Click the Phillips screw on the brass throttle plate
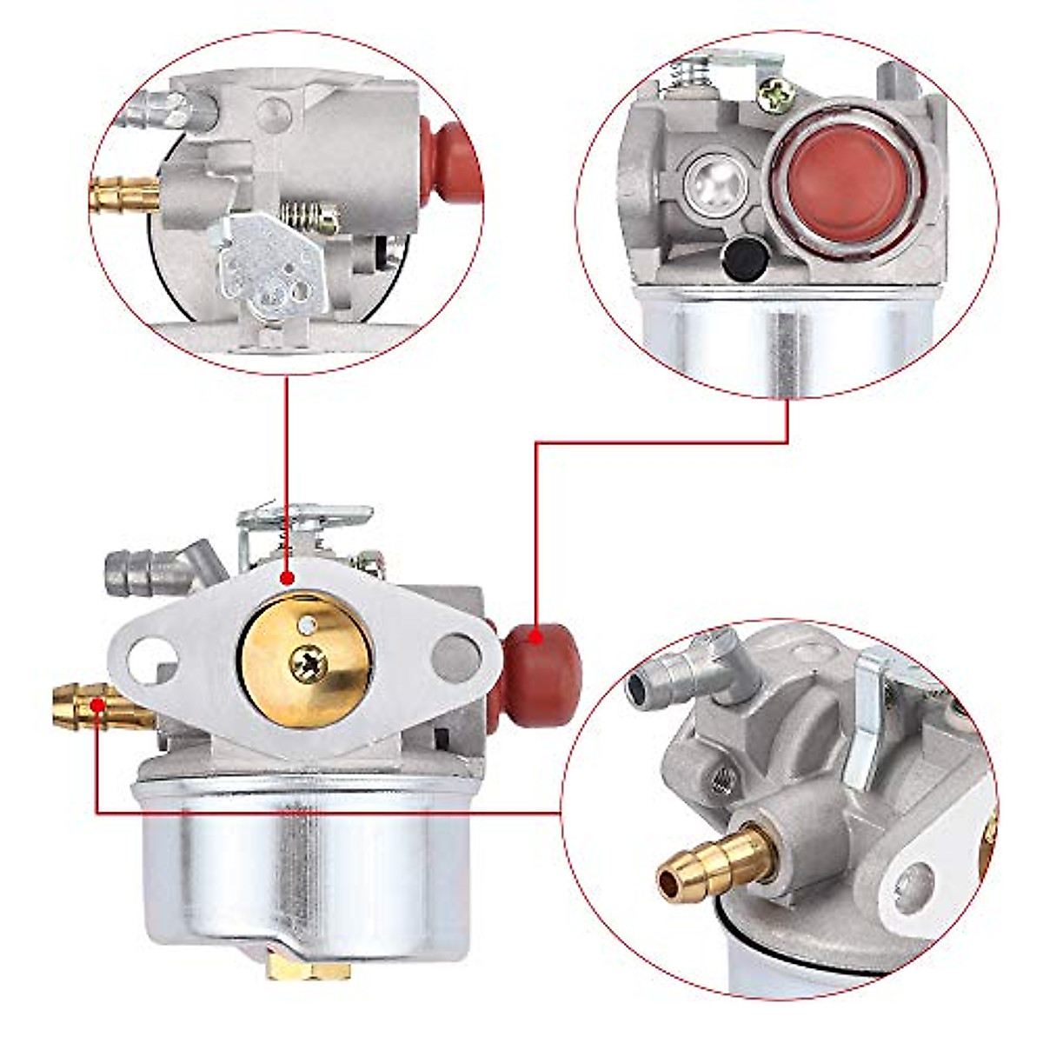pos(309,665)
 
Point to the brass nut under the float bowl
pos(309,967)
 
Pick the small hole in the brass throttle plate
pos(305,624)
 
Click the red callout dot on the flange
pos(288,577)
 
